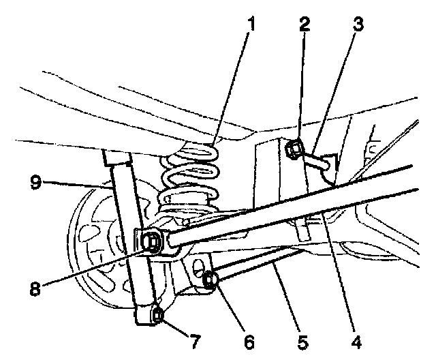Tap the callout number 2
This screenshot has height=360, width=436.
click(x=304, y=25)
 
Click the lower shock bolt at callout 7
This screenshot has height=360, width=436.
click(x=157, y=314)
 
